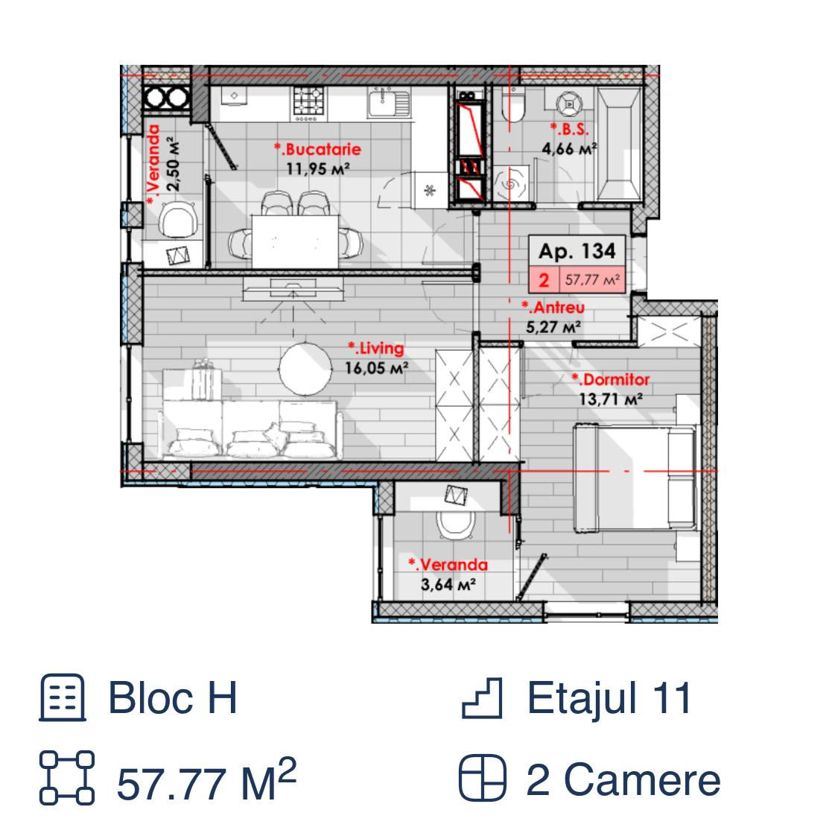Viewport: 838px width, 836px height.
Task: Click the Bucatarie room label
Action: [318, 149]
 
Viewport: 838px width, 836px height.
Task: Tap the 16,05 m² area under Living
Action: [376, 368]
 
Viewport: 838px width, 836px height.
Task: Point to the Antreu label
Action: [553, 307]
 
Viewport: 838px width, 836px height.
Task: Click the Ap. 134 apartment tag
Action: [577, 250]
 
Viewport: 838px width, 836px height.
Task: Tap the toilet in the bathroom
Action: [513, 105]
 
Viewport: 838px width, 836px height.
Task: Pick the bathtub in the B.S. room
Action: [619, 145]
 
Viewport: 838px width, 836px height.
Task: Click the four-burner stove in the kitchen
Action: [309, 103]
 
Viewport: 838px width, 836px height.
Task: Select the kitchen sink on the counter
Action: [389, 103]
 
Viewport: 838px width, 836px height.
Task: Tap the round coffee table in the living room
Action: [305, 370]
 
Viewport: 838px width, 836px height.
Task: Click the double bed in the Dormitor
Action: [635, 478]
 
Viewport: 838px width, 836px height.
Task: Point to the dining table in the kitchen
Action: [295, 241]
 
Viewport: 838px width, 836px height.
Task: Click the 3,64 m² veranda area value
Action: [448, 585]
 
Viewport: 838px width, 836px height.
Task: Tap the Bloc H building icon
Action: [63, 697]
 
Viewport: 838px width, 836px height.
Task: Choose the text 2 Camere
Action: [623, 780]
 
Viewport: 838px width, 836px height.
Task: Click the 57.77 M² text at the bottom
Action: [206, 780]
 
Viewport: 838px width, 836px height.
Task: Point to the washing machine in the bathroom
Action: [511, 184]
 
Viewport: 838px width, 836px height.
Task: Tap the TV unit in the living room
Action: [293, 288]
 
